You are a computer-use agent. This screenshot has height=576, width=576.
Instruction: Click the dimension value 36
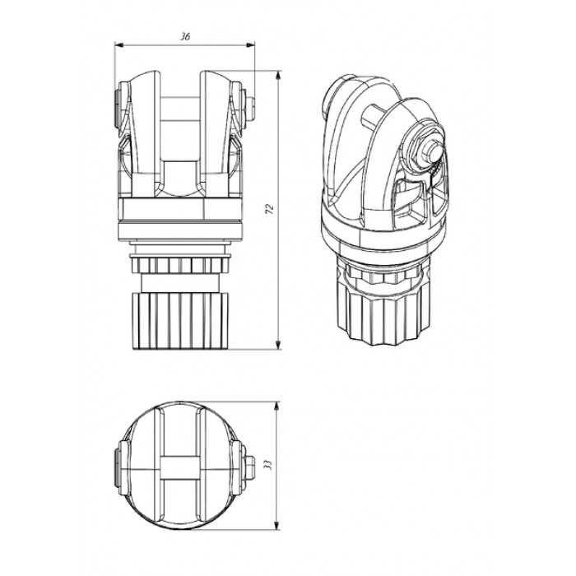coord(185,37)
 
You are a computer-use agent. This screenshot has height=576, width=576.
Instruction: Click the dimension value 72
coord(270,209)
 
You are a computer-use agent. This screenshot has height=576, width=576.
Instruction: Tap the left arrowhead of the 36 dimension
coord(120,44)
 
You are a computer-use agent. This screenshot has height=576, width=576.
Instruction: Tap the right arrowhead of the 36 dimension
coord(250,44)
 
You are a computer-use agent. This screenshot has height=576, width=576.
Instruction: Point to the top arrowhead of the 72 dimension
coord(278,76)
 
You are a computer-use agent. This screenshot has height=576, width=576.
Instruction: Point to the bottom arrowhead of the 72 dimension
coord(278,344)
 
